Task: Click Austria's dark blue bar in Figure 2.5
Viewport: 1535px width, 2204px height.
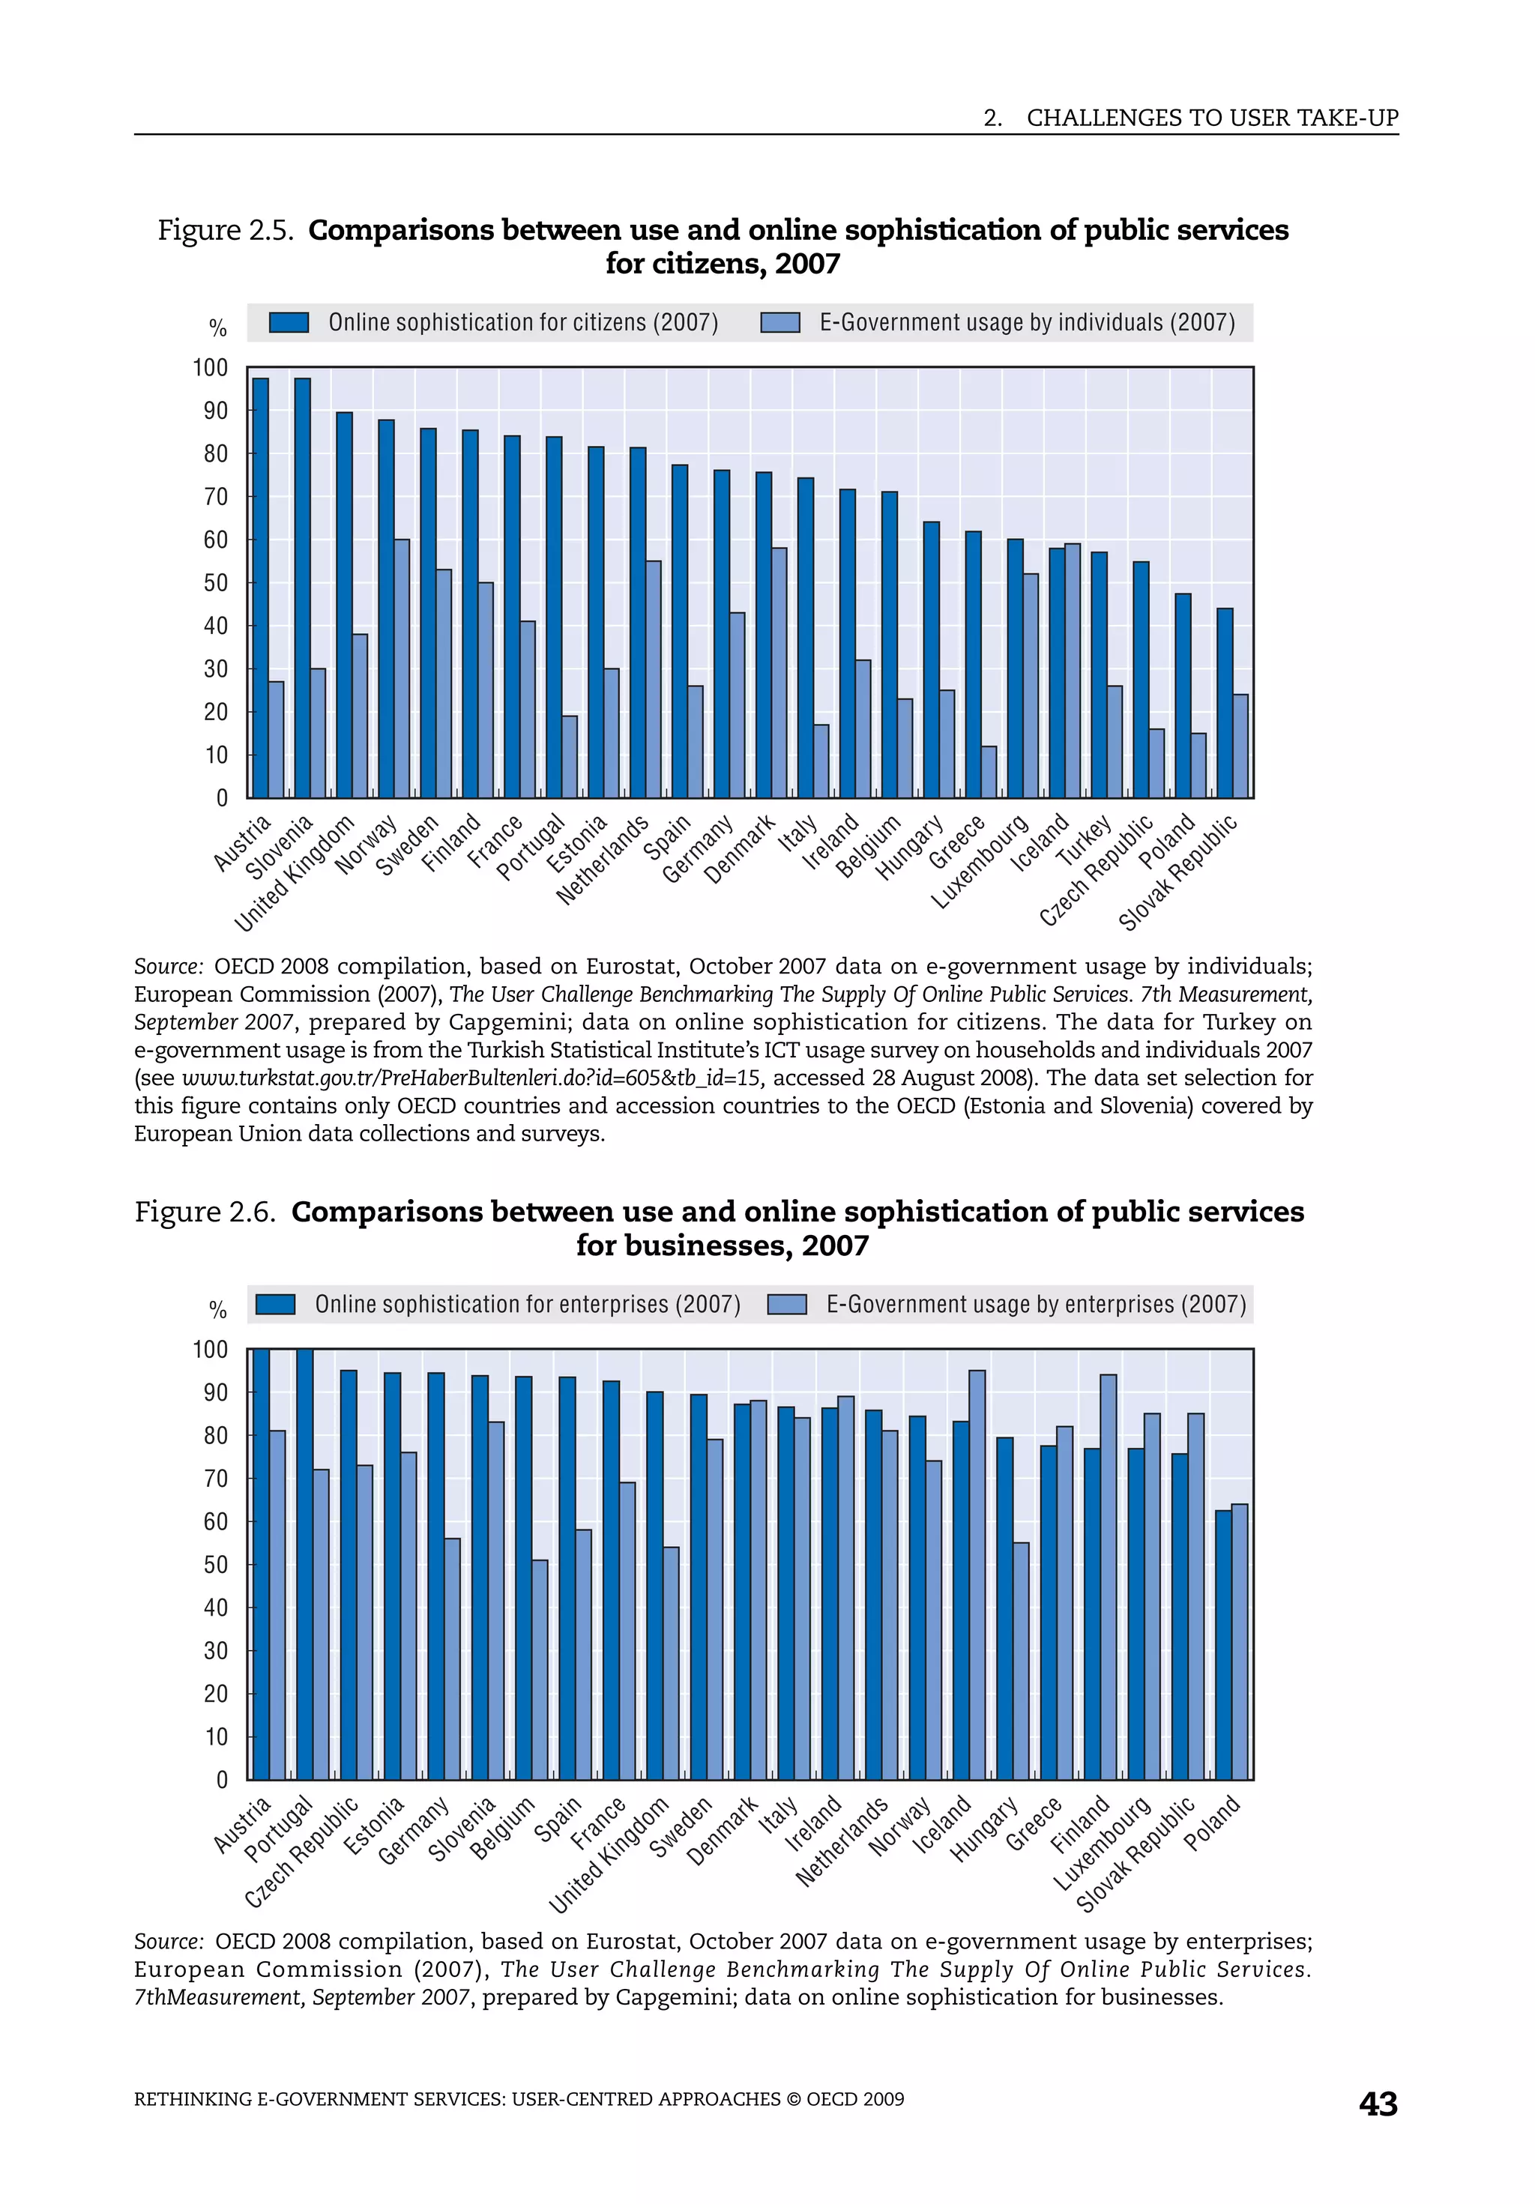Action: [260, 588]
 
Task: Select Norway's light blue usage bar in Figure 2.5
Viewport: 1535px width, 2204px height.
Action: [401, 668]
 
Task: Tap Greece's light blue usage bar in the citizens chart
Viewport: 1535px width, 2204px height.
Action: [989, 771]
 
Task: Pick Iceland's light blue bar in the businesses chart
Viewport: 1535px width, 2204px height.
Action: [977, 1574]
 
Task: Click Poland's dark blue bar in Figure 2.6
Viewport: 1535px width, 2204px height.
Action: [1223, 1644]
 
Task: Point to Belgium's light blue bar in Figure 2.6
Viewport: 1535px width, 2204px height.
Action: [540, 1670]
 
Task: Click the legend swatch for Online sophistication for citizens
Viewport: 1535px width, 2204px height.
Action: [288, 322]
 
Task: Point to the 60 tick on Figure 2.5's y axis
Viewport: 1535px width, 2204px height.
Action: [216, 540]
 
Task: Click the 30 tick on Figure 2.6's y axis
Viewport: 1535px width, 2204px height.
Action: [216, 1650]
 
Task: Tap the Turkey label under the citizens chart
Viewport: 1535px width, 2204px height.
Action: [1085, 839]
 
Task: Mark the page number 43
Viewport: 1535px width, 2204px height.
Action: [1378, 2104]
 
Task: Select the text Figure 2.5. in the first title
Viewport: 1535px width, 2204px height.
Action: [225, 230]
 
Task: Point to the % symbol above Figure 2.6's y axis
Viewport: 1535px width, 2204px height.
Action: [218, 1309]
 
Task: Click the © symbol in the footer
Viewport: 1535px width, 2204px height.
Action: [793, 2099]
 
